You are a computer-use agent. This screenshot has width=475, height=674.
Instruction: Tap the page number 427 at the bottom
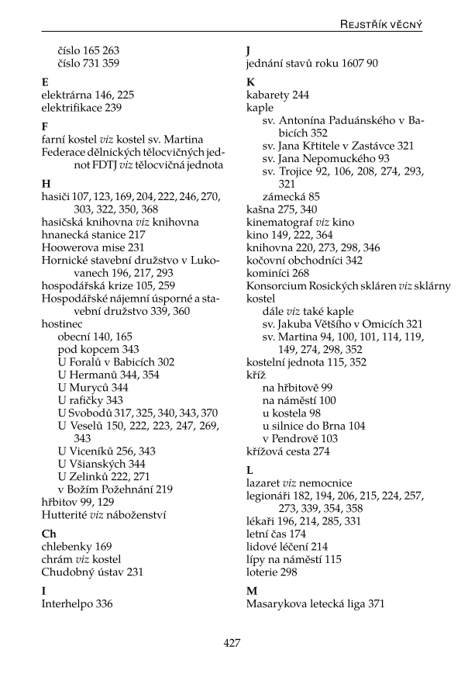pos(232,643)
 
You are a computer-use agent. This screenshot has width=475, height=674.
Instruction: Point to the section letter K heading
pos(250,81)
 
